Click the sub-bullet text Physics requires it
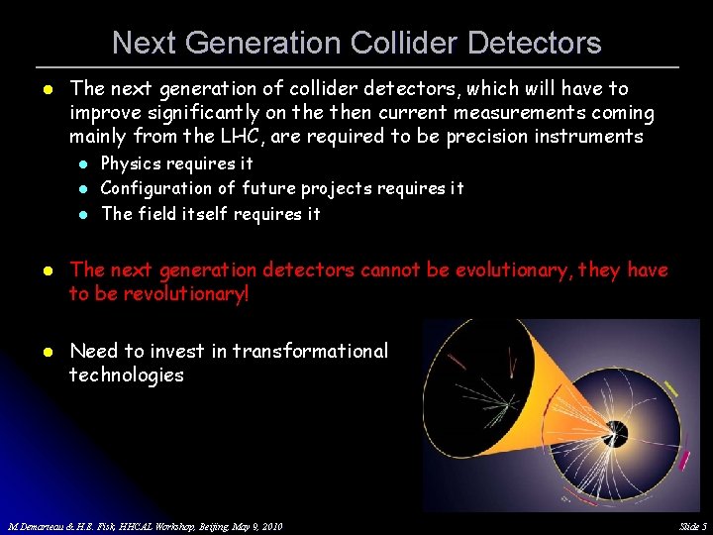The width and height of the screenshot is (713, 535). click(x=176, y=163)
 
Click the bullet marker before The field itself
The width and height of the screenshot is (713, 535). click(x=85, y=214)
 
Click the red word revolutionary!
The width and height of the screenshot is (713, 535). click(x=172, y=294)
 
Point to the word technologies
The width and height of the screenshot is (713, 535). click(x=126, y=375)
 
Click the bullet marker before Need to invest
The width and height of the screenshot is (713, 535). click(x=46, y=352)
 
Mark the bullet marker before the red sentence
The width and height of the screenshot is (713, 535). click(x=46, y=270)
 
